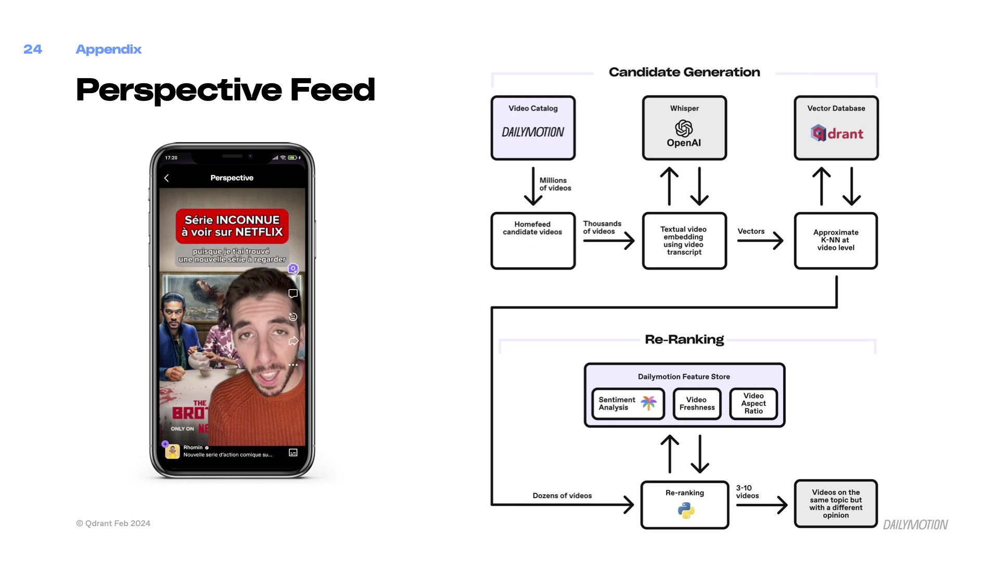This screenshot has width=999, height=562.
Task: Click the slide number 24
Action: click(x=32, y=49)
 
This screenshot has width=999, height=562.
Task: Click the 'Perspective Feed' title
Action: click(x=225, y=90)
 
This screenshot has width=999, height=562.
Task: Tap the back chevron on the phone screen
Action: click(x=166, y=178)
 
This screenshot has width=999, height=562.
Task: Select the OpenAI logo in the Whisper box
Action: click(x=684, y=128)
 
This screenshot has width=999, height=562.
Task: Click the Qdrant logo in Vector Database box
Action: click(x=837, y=134)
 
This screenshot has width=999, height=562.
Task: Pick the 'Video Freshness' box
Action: click(x=697, y=404)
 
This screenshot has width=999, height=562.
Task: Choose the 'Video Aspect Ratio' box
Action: click(x=753, y=404)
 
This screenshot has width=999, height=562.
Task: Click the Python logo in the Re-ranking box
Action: click(x=686, y=510)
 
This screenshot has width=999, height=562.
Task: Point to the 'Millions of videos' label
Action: click(x=555, y=184)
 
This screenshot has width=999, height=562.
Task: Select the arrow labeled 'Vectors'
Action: click(x=760, y=240)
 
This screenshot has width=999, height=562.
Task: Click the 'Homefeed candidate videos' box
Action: click(x=533, y=240)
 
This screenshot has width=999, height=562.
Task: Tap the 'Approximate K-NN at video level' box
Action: click(x=836, y=240)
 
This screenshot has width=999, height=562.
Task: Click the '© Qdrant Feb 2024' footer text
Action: click(x=113, y=523)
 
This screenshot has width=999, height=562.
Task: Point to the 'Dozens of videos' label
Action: click(x=562, y=496)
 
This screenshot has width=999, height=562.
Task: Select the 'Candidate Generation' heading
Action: click(x=684, y=72)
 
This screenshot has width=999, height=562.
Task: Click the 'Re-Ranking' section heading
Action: click(x=684, y=340)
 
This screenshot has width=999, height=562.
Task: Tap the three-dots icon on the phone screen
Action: click(x=293, y=365)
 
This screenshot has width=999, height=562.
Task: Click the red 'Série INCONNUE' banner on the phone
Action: click(x=232, y=226)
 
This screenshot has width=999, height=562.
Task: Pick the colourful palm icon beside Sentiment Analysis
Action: click(x=648, y=403)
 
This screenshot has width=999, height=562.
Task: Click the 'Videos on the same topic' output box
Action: click(x=836, y=504)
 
